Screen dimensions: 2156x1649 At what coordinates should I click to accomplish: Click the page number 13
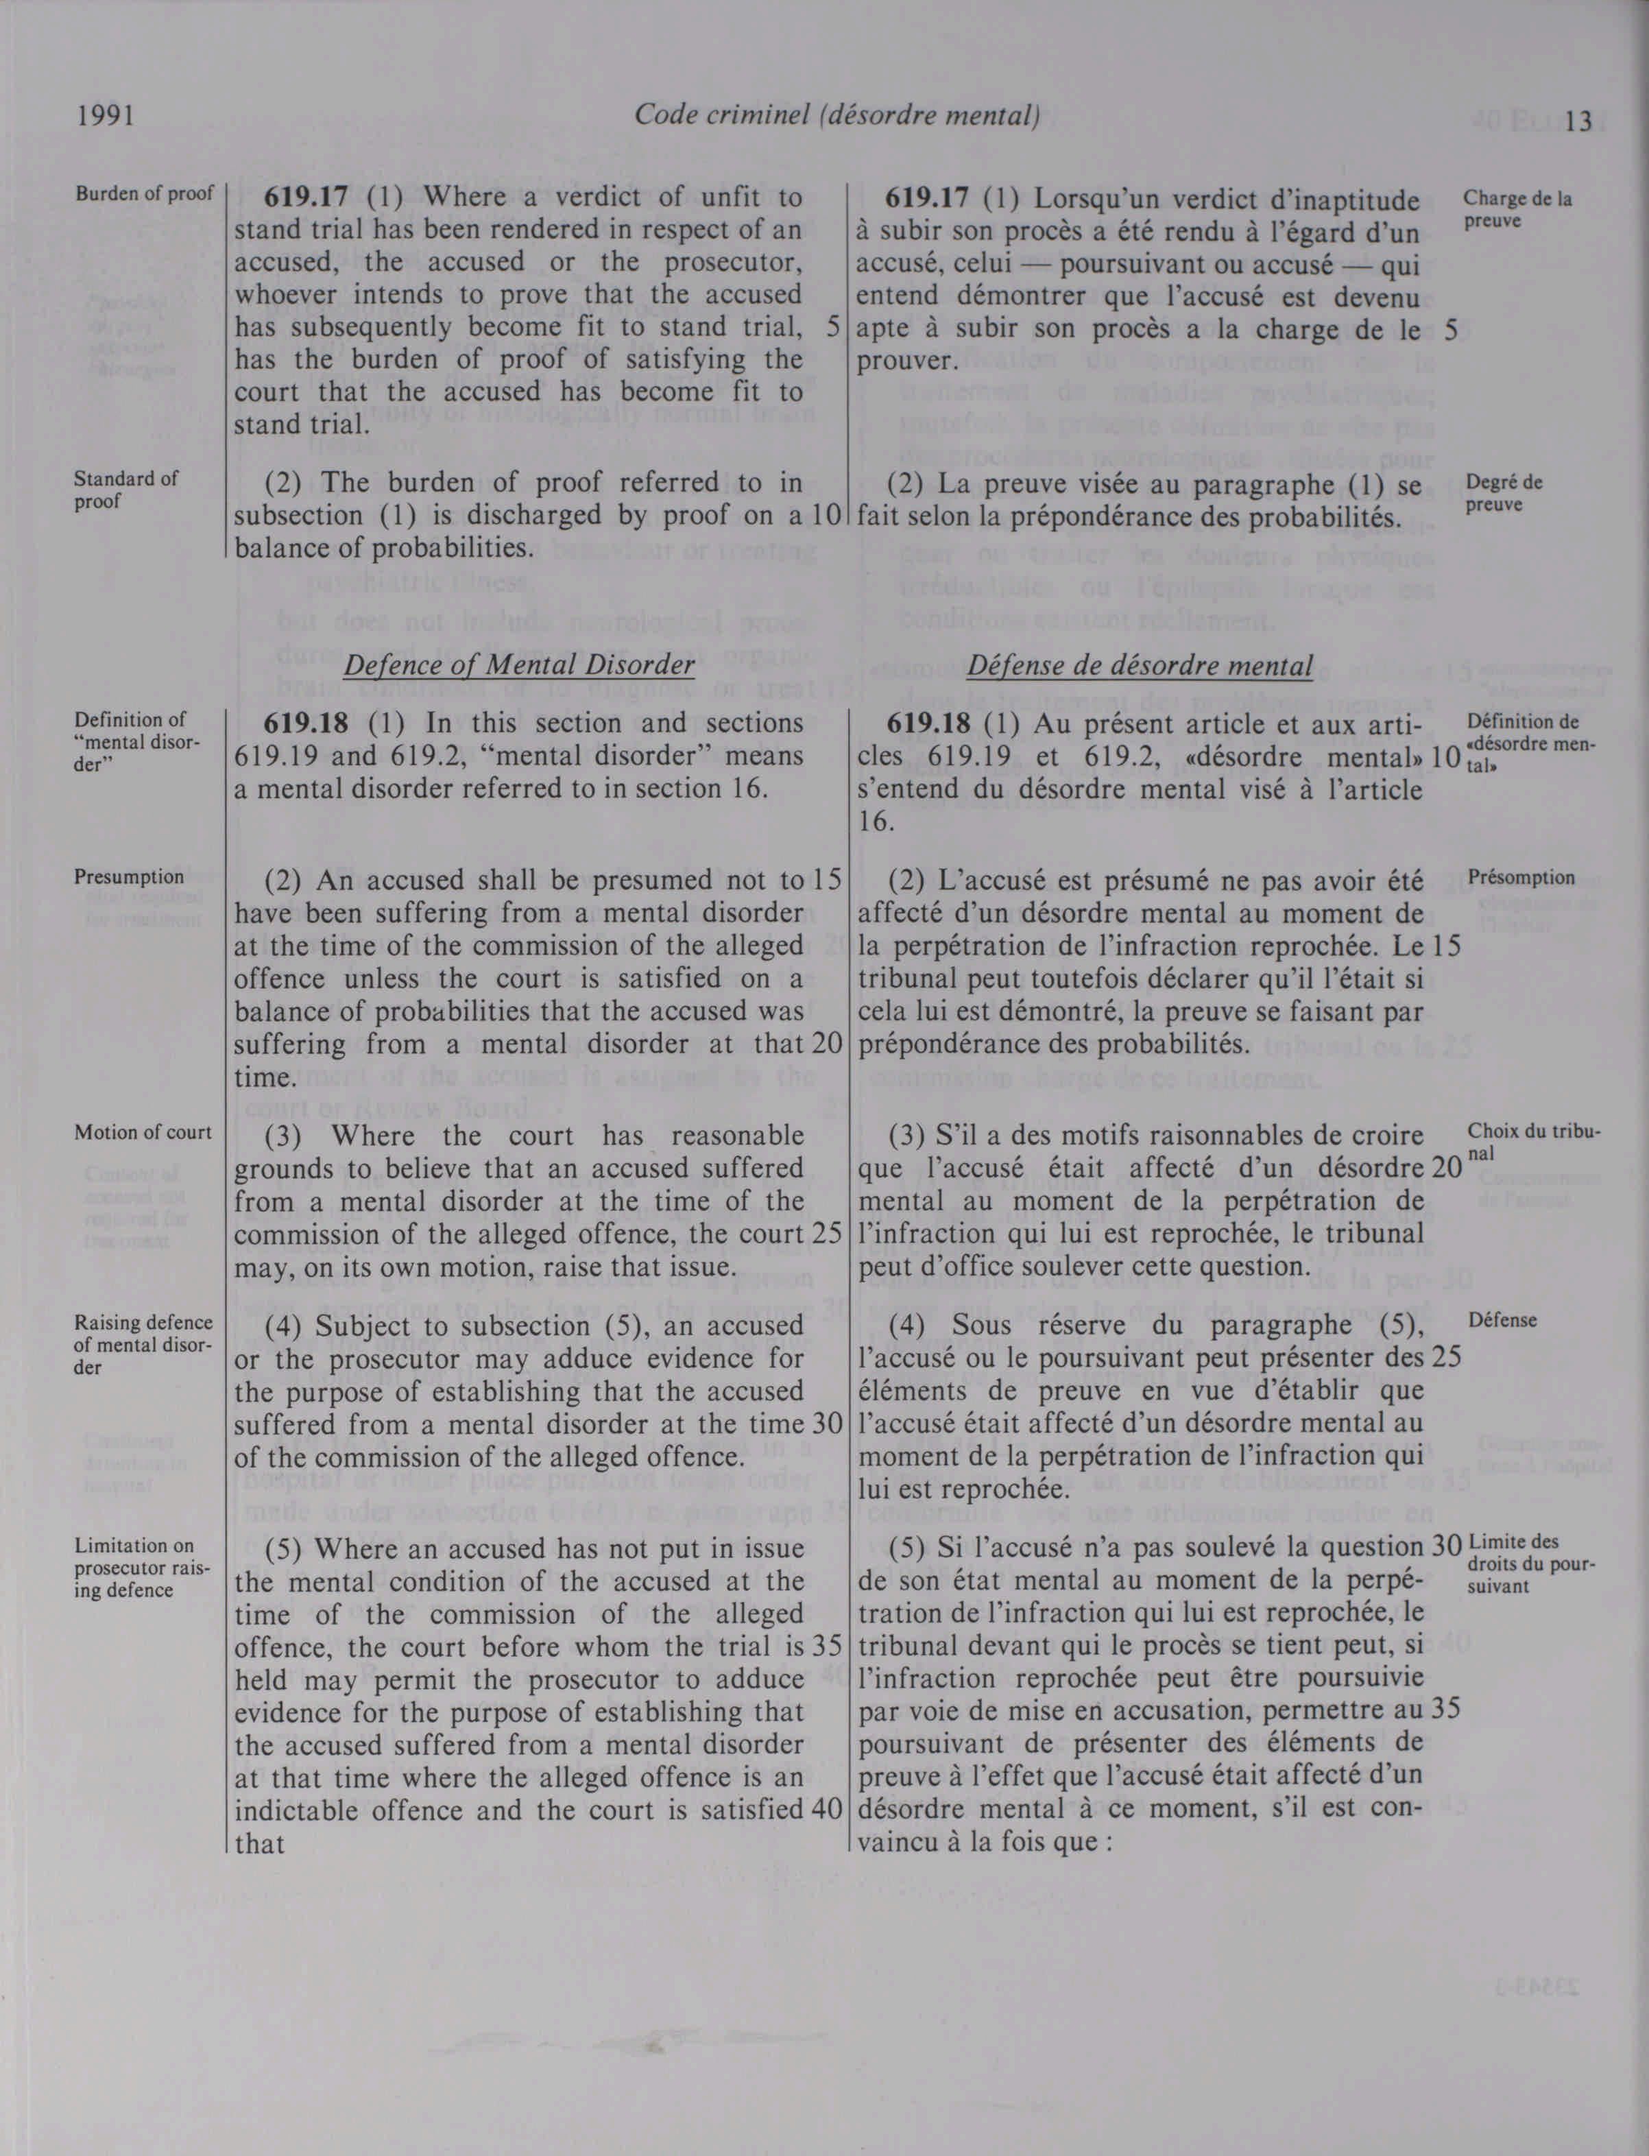(x=1578, y=122)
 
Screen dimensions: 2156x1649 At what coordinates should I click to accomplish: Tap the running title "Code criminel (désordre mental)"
(x=836, y=116)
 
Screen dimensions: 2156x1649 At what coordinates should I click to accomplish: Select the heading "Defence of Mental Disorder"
(x=518, y=666)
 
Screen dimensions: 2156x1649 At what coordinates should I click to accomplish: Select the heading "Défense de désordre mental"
(x=1140, y=666)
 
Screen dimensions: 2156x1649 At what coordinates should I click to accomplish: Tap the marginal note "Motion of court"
(x=143, y=1132)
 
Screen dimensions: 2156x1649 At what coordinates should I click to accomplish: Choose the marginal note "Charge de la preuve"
(x=1517, y=208)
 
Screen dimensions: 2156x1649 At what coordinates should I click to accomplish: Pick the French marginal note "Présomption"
(x=1521, y=878)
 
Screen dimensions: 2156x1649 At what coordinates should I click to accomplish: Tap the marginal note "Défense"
(x=1502, y=1321)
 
